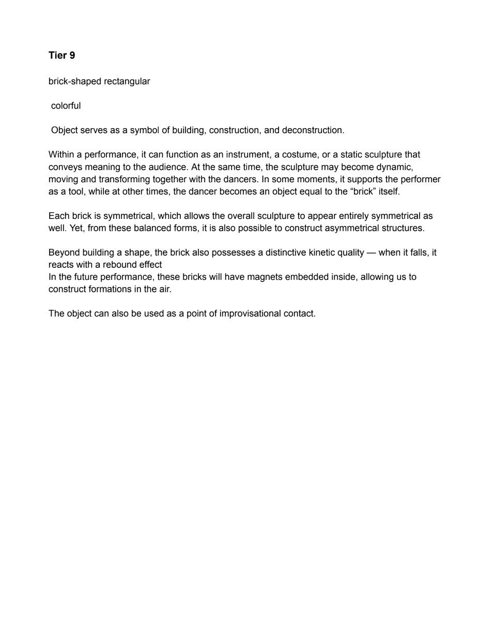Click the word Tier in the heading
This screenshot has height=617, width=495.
coord(57,55)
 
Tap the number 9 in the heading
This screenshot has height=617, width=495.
coord(72,55)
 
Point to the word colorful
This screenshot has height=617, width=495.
coord(66,106)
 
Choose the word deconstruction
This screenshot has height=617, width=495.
coord(313,130)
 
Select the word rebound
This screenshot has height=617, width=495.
coord(119,265)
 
